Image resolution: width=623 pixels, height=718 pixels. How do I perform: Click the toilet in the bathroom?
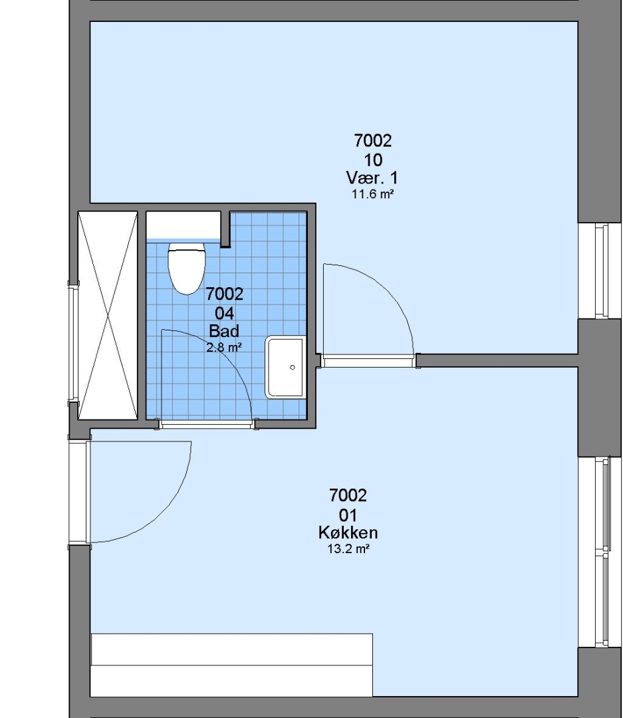(186, 269)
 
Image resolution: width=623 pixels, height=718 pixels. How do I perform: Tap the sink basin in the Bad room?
(285, 367)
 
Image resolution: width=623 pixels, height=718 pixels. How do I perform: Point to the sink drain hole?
(293, 367)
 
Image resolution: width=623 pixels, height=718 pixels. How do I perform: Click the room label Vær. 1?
(372, 178)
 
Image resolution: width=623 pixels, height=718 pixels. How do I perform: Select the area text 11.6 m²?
(373, 194)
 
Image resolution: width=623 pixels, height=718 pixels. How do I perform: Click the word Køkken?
(348, 533)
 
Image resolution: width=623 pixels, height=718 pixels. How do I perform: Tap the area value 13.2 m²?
(348, 549)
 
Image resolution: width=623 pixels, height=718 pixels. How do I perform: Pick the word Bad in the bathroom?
(224, 330)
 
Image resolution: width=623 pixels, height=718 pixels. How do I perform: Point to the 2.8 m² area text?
(224, 348)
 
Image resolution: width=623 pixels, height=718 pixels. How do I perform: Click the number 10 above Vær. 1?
(374, 160)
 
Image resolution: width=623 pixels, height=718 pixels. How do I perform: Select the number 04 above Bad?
(225, 313)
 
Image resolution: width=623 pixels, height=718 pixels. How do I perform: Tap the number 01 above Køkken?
(348, 516)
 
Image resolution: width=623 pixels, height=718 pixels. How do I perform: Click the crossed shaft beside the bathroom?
(108, 315)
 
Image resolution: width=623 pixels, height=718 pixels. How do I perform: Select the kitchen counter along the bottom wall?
(232, 665)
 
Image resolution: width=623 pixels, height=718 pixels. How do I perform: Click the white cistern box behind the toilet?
(184, 225)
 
